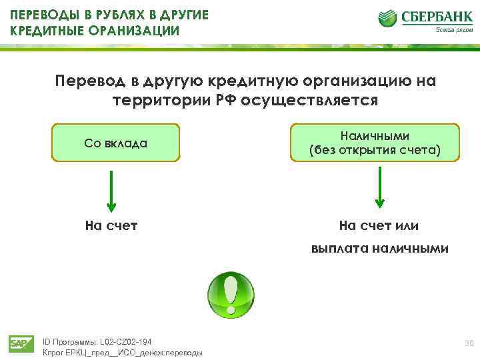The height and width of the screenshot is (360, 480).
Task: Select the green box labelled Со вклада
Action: pos(116,143)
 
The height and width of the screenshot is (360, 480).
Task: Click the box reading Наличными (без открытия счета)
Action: pos(375,143)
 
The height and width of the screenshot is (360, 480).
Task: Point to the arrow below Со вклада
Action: pos(111,189)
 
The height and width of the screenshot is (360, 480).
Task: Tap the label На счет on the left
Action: pos(111,226)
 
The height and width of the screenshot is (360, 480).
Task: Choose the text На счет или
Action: pos(379,226)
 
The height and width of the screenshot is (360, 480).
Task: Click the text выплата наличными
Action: pos(379,249)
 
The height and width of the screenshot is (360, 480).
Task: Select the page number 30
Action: pos(469,343)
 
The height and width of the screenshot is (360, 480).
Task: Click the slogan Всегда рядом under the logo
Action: pos(450,30)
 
